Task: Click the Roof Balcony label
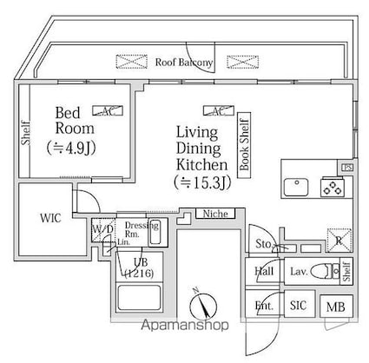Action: tap(185, 63)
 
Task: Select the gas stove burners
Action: tap(331, 185)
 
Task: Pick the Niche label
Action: tap(211, 212)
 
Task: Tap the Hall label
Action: tap(264, 272)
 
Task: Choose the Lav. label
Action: tap(297, 272)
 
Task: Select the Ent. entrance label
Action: tap(263, 306)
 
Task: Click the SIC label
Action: tap(298, 306)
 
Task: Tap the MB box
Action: tap(334, 306)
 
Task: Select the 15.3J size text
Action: tap(201, 182)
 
